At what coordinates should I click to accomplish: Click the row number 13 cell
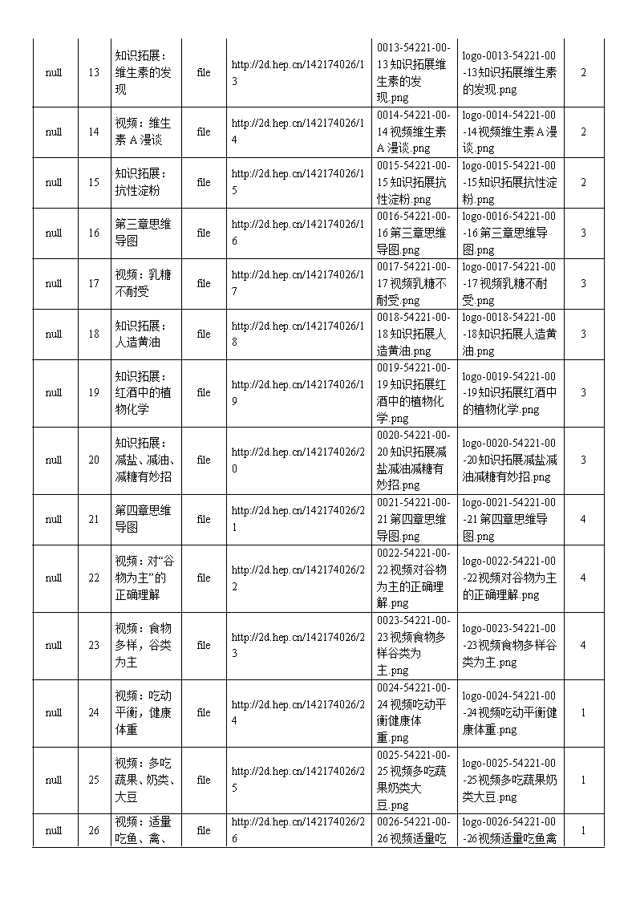[94, 72]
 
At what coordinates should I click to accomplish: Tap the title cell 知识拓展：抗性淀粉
[143, 182]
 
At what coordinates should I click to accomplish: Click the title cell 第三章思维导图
[143, 233]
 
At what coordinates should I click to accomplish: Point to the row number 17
[94, 283]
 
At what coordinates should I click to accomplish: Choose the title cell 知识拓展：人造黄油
[143, 334]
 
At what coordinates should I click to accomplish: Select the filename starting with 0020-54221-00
[414, 460]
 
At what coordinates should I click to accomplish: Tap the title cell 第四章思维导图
[143, 519]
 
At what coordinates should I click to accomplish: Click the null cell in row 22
[54, 578]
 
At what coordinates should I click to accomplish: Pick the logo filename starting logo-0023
[509, 645]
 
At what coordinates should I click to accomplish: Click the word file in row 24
[204, 712]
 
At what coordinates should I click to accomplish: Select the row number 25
[94, 780]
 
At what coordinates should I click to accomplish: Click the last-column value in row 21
[583, 519]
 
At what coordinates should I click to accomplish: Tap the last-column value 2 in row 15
[583, 182]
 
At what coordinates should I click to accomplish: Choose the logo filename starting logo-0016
[509, 233]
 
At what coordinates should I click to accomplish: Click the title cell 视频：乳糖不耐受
[143, 283]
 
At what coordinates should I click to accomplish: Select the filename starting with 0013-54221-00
[414, 72]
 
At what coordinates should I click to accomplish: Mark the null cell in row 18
[54, 334]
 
